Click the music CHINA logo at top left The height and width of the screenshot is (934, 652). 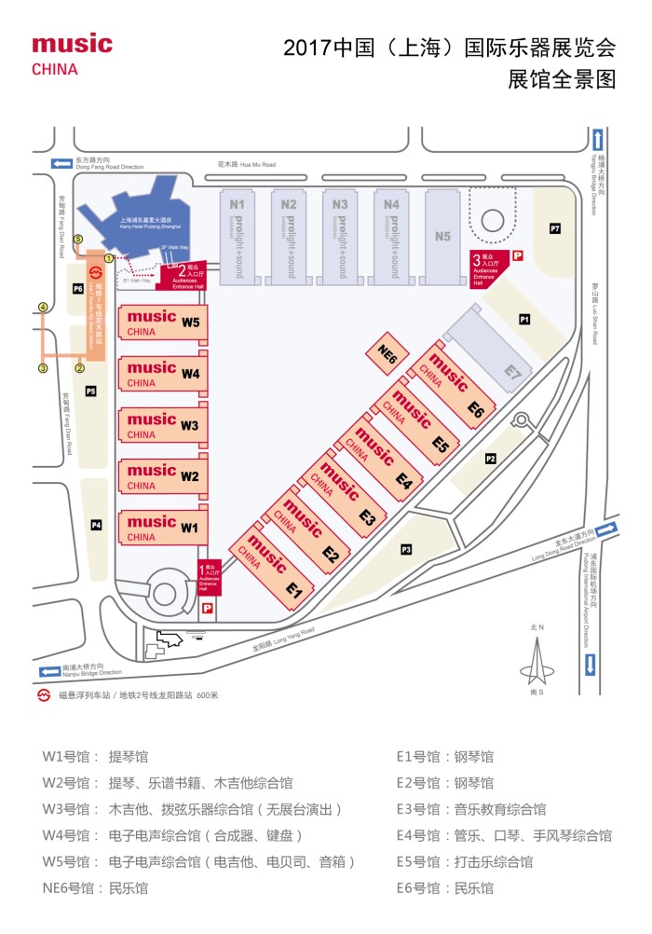[72, 54]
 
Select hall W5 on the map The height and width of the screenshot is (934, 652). [160, 323]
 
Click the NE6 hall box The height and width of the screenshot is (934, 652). [388, 354]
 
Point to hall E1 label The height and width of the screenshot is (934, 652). [294, 589]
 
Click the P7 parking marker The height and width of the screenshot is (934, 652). [555, 228]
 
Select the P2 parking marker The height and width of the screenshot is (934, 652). [491, 459]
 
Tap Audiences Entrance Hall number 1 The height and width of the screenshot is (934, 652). [209, 577]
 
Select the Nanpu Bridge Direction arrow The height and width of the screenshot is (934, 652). [48, 671]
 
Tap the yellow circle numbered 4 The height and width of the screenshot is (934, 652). [42, 307]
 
